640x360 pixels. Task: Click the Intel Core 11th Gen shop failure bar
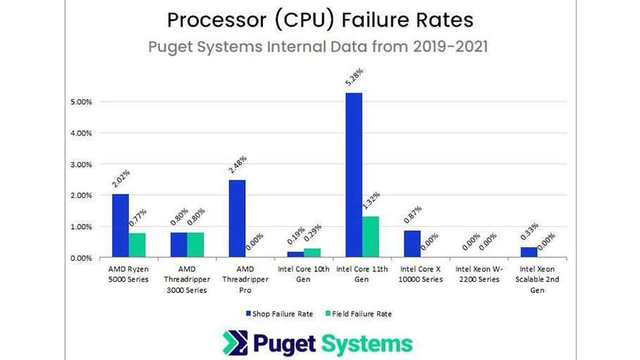pyautogui.click(x=353, y=175)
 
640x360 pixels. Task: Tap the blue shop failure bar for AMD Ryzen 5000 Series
pyautogui.click(x=121, y=226)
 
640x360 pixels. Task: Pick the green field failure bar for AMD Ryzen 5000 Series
pyautogui.click(x=137, y=245)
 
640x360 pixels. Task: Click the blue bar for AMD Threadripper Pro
pyautogui.click(x=237, y=219)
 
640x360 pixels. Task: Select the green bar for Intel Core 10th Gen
pyautogui.click(x=312, y=253)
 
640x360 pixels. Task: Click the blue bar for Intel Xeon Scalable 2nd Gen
pyautogui.click(x=528, y=253)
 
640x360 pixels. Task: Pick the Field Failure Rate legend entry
pyautogui.click(x=360, y=314)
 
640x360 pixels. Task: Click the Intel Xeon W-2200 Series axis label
pyautogui.click(x=478, y=275)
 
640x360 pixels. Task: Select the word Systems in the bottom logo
pyautogui.click(x=367, y=344)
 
